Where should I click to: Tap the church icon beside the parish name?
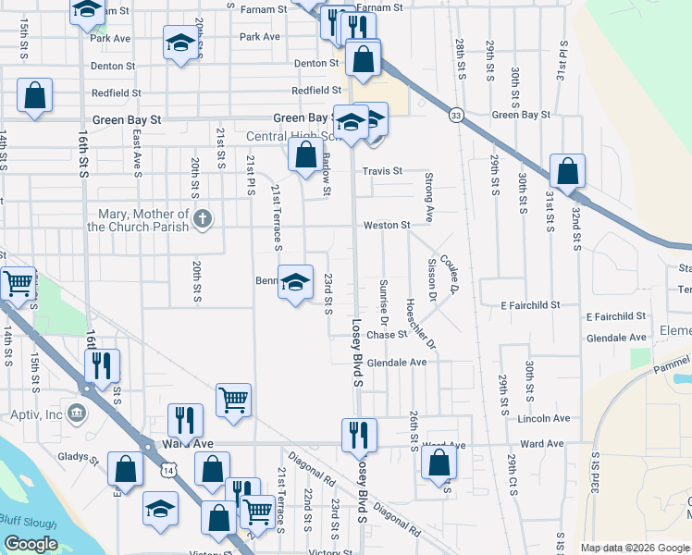click(x=205, y=219)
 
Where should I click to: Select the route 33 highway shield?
click(x=456, y=115)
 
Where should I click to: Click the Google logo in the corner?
click(x=31, y=544)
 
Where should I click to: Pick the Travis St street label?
click(x=382, y=171)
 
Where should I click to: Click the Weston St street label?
click(x=387, y=226)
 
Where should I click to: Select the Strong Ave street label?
click(x=429, y=196)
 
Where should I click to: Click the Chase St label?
click(x=387, y=335)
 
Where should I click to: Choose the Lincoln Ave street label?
click(x=545, y=419)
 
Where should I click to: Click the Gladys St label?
click(x=80, y=458)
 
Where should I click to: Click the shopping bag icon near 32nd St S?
click(x=567, y=171)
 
